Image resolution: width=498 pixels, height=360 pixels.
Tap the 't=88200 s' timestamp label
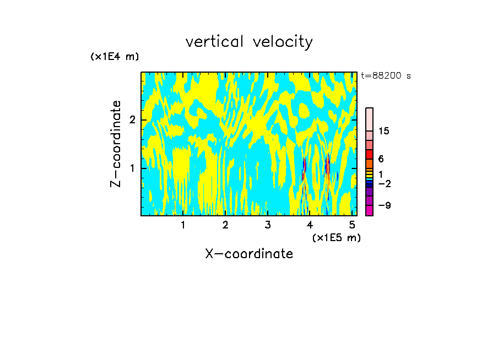pos(386,76)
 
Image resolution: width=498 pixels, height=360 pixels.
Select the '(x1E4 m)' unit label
pos(115,57)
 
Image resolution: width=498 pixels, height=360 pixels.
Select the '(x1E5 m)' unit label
pos(336,237)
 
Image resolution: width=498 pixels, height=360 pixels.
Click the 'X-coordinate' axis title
pos(249,254)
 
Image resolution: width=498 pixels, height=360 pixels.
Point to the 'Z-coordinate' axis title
pos(116,144)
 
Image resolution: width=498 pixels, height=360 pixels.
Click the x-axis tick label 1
pos(183,225)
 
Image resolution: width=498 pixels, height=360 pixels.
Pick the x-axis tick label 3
pos(268,225)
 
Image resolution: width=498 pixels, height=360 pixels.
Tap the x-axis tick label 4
pos(310,225)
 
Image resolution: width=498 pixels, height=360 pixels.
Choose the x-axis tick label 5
pos(352,225)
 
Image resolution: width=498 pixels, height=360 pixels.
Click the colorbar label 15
pos(384,131)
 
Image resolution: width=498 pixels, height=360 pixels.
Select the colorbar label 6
pos(380,159)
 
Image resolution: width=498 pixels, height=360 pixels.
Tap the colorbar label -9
pos(384,205)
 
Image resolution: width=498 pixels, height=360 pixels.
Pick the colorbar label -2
pos(384,183)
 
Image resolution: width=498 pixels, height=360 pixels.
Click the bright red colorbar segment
pos(370,154)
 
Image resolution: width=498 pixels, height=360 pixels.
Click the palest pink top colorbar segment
pos(370,119)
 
